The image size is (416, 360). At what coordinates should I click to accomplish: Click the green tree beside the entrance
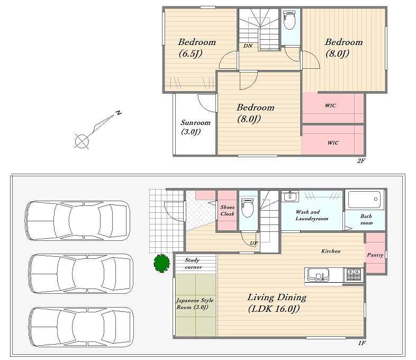(162, 263)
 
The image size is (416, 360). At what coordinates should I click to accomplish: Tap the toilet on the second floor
(289, 20)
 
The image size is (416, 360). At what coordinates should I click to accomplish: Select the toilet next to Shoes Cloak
(247, 208)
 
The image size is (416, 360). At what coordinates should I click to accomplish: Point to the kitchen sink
(318, 275)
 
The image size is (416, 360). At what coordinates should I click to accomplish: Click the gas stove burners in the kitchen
(354, 275)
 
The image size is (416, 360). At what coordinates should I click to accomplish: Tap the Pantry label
(375, 255)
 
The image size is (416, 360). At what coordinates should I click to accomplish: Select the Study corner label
(193, 264)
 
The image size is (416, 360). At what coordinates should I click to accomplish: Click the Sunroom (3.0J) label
(195, 127)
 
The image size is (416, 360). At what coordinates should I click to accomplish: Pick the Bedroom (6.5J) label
(197, 48)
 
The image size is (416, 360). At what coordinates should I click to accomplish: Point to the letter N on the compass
(119, 112)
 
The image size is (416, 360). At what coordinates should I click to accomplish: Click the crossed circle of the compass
(82, 141)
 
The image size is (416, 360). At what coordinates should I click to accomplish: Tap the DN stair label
(248, 46)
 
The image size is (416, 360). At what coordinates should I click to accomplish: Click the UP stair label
(254, 243)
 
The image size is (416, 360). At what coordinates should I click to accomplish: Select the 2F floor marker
(361, 160)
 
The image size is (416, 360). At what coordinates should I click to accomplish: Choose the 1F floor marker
(362, 343)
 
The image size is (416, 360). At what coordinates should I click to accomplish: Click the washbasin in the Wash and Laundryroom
(290, 196)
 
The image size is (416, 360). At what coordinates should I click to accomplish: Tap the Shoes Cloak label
(228, 210)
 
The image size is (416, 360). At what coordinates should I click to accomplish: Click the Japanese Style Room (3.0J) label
(195, 304)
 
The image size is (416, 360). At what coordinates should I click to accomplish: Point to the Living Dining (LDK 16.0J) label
(277, 303)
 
